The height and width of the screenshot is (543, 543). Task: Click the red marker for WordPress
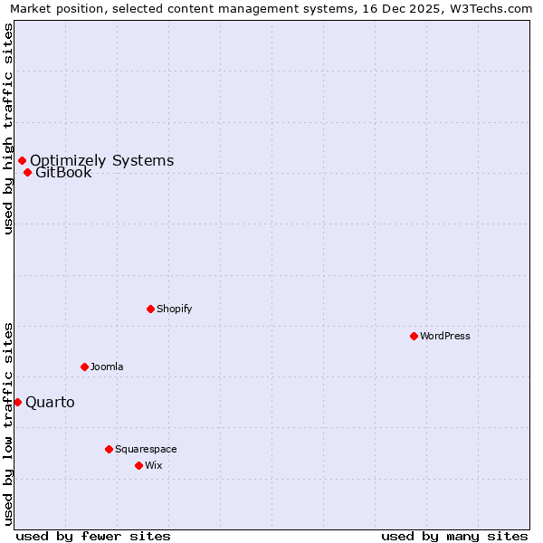414,336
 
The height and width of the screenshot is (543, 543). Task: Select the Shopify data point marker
150,309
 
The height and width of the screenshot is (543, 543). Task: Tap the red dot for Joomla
84,367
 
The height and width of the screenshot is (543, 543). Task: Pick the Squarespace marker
109,449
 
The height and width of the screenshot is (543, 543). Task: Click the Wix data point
138,465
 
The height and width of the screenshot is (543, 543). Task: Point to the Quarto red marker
17,402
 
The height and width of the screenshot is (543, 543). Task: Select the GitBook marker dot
27,172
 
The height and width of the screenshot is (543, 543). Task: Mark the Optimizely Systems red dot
22,160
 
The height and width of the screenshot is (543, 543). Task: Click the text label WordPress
444,337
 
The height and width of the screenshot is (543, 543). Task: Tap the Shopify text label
174,310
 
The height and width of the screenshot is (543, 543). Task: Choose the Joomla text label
107,367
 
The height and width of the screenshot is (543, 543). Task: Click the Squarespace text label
146,450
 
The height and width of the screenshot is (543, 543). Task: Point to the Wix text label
153,466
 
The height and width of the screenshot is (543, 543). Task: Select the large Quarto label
50,403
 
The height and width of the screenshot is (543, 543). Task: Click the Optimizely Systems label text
101,161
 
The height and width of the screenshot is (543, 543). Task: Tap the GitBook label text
63,173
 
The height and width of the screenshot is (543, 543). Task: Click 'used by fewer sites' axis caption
92,536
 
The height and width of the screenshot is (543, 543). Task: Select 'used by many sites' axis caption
454,536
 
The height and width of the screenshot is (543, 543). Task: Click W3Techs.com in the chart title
494,9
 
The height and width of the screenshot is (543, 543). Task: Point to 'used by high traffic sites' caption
9,129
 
